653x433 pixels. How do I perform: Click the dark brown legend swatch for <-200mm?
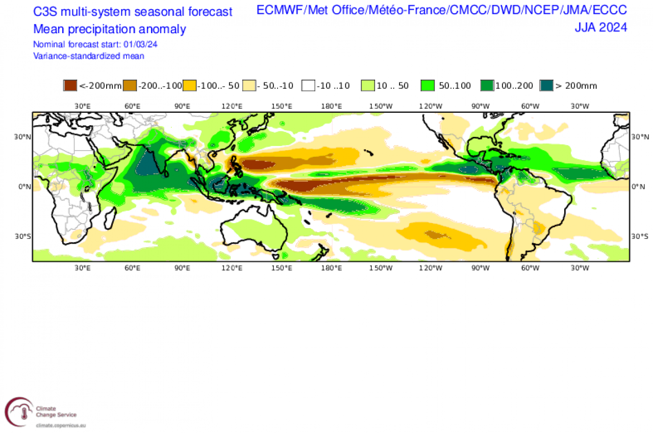(x=70, y=86)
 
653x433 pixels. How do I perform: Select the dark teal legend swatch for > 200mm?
(x=547, y=86)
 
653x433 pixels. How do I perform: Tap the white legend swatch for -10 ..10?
(x=309, y=86)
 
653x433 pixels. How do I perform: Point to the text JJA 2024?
(x=601, y=28)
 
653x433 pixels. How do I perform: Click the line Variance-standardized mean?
(x=89, y=56)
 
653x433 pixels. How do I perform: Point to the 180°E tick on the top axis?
(x=331, y=106)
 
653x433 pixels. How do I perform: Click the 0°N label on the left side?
(x=24, y=187)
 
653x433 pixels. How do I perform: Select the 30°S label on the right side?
(x=640, y=236)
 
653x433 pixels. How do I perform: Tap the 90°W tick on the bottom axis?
(x=480, y=268)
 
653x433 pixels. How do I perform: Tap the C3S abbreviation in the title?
(x=45, y=12)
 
